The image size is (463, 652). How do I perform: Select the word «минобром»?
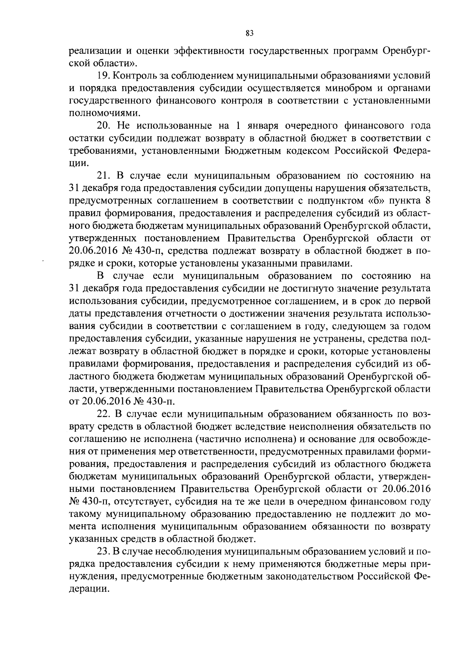coord(344,88)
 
